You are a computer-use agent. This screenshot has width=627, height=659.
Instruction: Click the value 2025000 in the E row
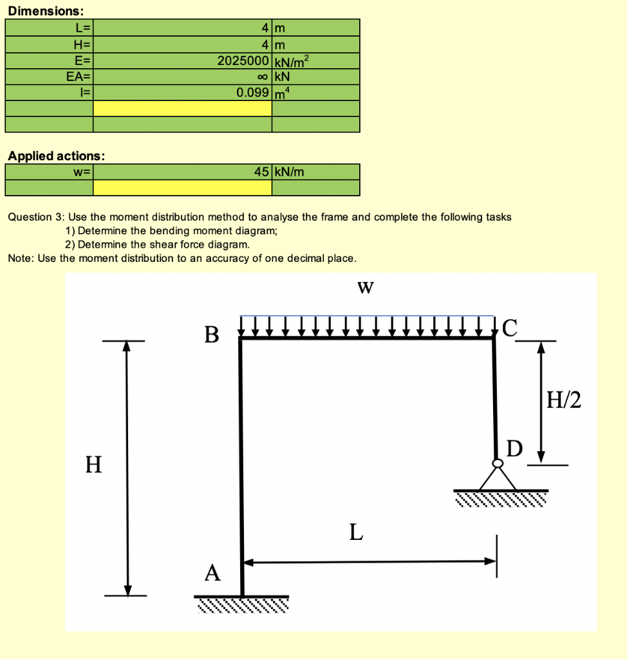pos(243,61)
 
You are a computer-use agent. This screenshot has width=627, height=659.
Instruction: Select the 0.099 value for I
pos(252,92)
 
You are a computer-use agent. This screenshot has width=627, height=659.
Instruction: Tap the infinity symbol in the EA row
pos(262,77)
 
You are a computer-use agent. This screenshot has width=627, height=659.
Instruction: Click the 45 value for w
pos(261,172)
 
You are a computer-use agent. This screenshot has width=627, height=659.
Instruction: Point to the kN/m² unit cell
pos(292,61)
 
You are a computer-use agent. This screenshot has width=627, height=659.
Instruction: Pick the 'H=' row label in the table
pos(84,45)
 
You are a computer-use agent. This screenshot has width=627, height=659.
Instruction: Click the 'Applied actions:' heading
pos(57,156)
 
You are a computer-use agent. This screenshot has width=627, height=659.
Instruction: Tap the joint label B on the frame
pos(211,335)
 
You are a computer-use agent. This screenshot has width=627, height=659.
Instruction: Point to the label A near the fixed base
pos(212,572)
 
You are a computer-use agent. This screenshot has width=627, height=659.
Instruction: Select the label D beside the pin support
pos(515,447)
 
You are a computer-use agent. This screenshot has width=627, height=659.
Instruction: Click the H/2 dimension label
pos(563,401)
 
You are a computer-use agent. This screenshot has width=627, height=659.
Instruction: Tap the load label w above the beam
pos(365,287)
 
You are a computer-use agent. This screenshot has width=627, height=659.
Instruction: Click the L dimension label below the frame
pos(356,533)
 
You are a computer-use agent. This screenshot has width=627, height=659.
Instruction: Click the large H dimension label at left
pos(94,463)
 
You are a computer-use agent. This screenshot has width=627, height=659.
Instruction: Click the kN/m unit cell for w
pos(289,172)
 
